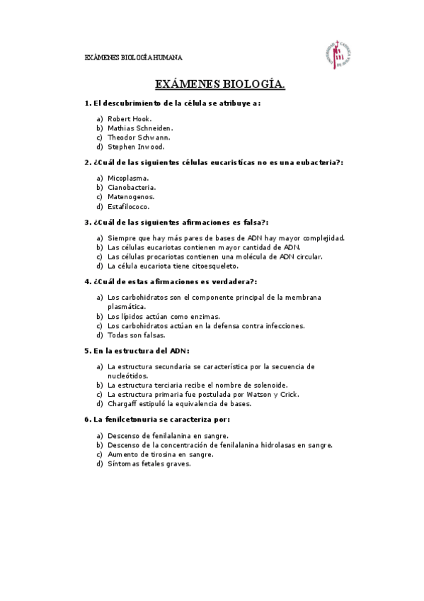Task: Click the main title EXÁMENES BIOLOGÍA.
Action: [x=220, y=84]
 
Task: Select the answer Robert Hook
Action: [x=130, y=118]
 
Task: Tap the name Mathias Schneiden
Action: [x=140, y=128]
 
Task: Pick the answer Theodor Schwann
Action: [x=139, y=137]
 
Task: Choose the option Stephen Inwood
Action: [x=136, y=147]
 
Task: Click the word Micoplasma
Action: [x=128, y=178]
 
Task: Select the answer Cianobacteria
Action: [x=132, y=187]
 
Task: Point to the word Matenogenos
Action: [x=131, y=196]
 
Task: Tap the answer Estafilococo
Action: [x=129, y=206]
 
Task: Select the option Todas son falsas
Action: [x=137, y=335]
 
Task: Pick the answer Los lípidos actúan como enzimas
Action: [x=164, y=316]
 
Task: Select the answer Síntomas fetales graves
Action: [x=149, y=464]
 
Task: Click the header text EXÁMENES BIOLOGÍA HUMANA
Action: [x=133, y=57]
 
